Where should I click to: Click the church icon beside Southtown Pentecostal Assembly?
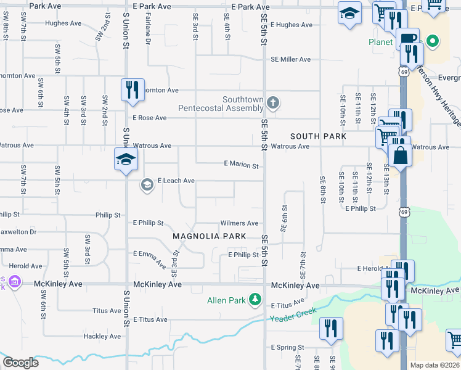click(273, 102)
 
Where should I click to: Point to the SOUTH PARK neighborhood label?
click(319, 136)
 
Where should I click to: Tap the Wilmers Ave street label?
click(239, 223)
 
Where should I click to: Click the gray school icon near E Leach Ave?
click(147, 184)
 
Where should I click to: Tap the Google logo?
click(20, 363)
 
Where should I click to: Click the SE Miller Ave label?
click(291, 60)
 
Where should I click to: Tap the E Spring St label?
click(287, 348)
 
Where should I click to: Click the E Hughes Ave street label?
click(292, 25)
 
